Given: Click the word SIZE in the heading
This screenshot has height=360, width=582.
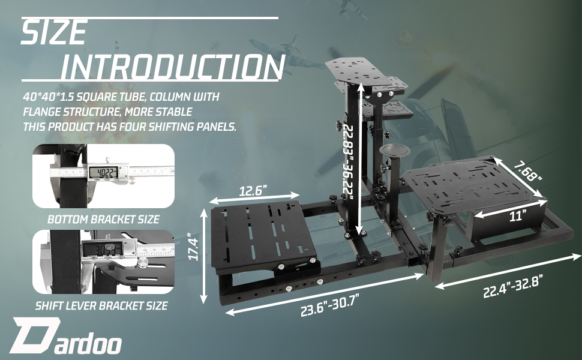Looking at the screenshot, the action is [x=54, y=32].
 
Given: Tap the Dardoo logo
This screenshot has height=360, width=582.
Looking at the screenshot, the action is [x=65, y=336].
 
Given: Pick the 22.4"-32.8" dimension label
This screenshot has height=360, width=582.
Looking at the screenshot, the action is [x=514, y=286].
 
